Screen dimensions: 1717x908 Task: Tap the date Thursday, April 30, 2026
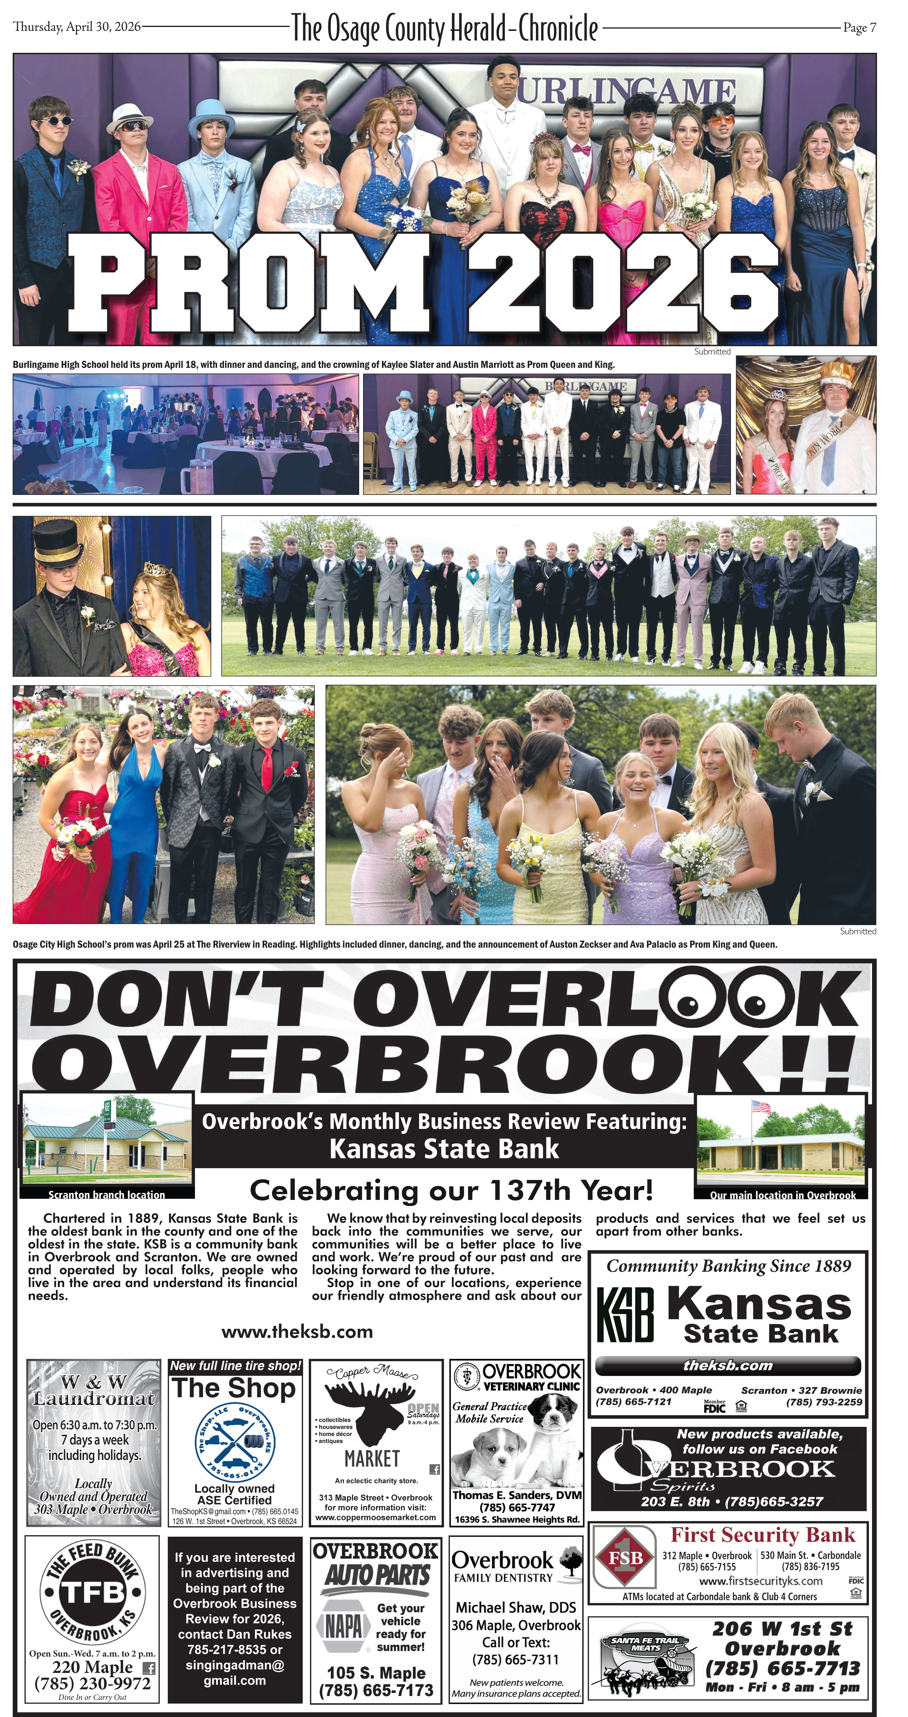(77, 27)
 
